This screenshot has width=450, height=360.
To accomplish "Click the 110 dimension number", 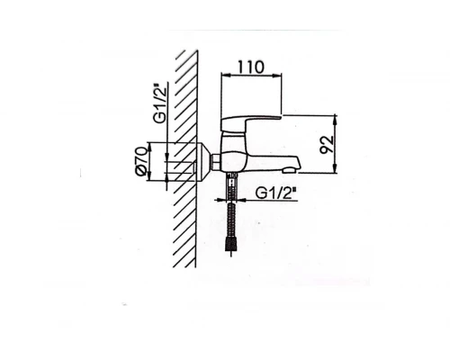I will click(x=250, y=67).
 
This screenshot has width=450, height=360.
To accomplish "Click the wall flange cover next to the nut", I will click(x=203, y=161).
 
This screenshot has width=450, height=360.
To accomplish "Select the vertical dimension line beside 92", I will click(x=336, y=144).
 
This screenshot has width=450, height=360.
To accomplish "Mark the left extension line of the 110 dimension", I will click(x=220, y=94).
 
